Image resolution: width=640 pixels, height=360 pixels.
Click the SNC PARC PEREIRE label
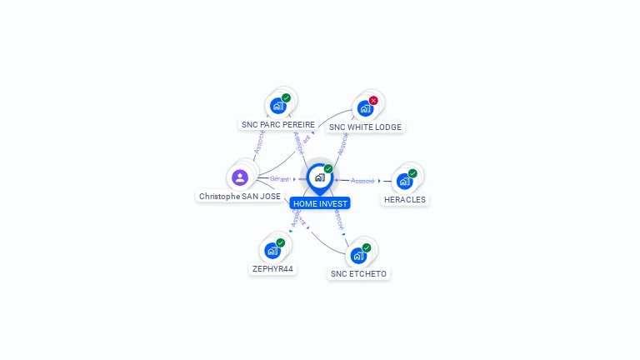[278, 124]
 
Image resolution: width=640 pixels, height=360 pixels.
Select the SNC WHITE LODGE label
[365, 127]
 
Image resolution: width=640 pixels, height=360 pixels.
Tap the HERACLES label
[405, 200]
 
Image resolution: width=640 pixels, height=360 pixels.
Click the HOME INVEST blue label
[321, 203]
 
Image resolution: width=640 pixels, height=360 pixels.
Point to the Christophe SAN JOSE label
[240, 197]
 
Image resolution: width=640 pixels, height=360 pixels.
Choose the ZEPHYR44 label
[272, 269]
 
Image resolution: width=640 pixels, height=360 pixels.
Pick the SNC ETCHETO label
[358, 274]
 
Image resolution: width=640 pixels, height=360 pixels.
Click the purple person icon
[240, 177]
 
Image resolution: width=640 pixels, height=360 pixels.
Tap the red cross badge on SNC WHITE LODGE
[373, 101]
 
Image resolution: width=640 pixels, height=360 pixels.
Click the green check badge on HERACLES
[412, 173]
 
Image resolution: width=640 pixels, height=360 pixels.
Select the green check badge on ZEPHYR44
[280, 242]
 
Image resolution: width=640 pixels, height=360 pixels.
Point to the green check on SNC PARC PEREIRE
[286, 98]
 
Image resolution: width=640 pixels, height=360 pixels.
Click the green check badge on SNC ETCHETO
[366, 247]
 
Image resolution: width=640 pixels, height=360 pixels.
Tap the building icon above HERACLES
[404, 181]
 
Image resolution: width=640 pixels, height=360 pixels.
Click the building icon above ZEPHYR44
[272, 250]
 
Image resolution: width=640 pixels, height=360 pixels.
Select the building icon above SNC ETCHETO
[357, 255]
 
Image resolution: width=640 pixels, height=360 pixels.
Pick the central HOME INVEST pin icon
[320, 177]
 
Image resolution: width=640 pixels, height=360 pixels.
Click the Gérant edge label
[280, 179]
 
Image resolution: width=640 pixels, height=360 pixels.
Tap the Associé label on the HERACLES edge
[362, 181]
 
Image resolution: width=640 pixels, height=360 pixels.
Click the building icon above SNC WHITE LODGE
[364, 108]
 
